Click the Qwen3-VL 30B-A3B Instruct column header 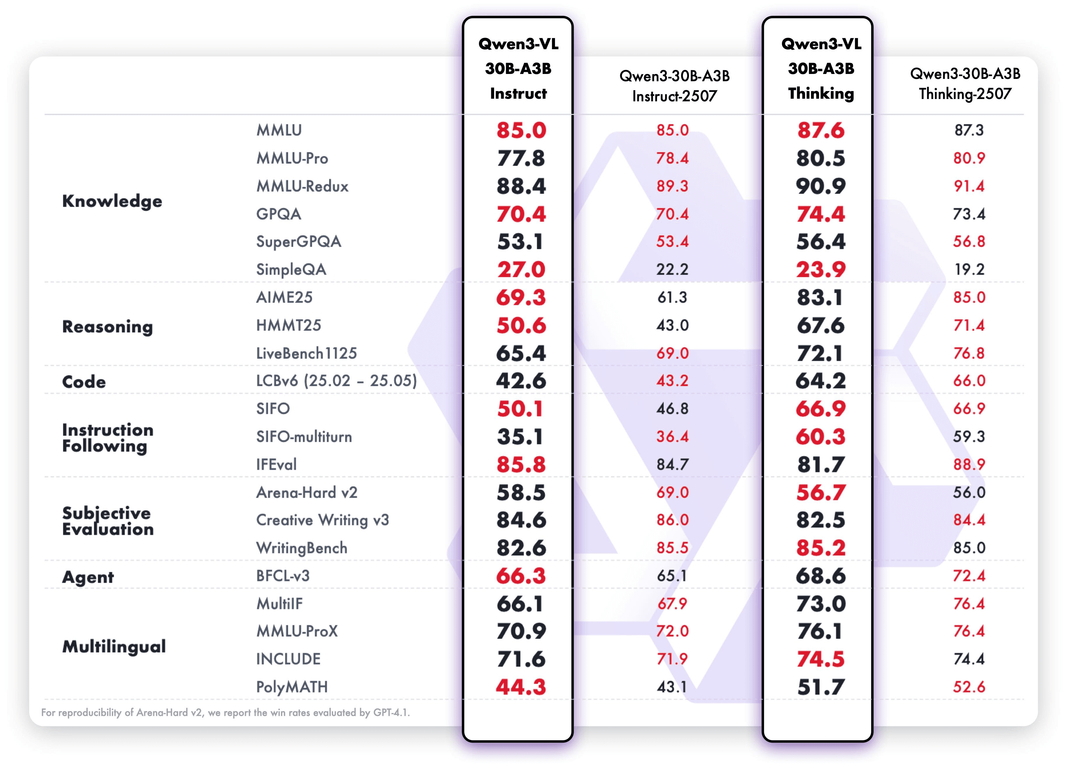click(518, 69)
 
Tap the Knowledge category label click(112, 201)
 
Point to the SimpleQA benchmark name click(291, 269)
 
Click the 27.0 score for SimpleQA click(521, 270)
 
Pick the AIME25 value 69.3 click(521, 297)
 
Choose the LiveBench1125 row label click(306, 353)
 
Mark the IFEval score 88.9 click(969, 464)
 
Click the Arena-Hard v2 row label click(306, 492)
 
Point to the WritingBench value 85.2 click(820, 548)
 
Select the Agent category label click(88, 577)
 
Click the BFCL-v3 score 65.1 click(672, 576)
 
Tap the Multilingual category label click(114, 646)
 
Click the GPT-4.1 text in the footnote click(391, 713)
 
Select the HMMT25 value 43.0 click(672, 325)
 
